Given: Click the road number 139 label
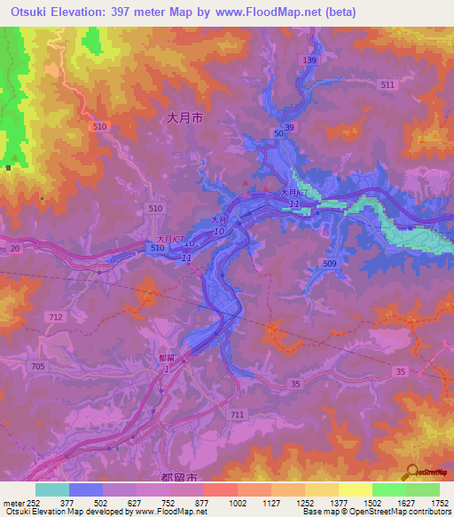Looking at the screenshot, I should pos(309,60).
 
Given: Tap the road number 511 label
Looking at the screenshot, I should pos(387,84).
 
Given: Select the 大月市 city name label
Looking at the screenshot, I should pos(185,115).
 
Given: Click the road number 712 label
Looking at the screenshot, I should pos(57,317).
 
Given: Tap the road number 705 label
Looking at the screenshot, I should pos(38,367).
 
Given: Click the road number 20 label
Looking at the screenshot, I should pos(15,250).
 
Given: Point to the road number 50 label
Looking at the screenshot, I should pos(278,132).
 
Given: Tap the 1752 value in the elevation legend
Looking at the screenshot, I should pos(440,502).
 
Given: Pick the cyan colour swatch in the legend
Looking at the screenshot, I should pos(52,489).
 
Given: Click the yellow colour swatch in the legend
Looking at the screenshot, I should pos(355,489).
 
